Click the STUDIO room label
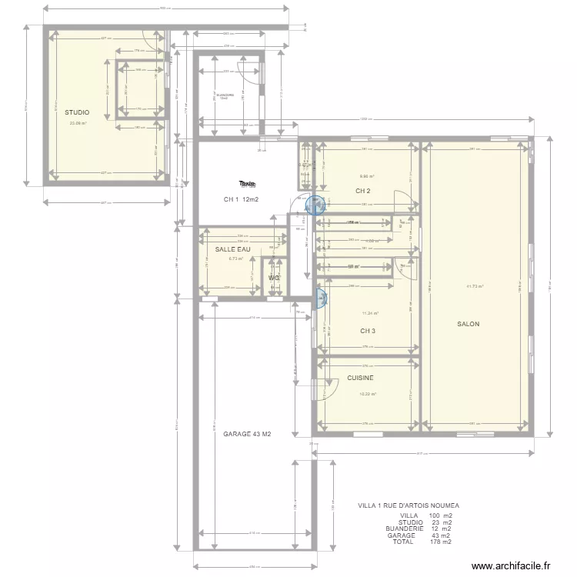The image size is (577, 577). pyautogui.click(x=76, y=112)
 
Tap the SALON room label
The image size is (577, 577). pyautogui.click(x=468, y=324)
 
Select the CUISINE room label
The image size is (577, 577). pyautogui.click(x=360, y=379)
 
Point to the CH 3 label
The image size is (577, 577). pyautogui.click(x=368, y=332)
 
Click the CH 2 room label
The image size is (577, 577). pyautogui.click(x=363, y=191)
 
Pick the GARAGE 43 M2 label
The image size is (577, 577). pyautogui.click(x=246, y=434)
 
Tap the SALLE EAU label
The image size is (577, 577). pyautogui.click(x=232, y=249)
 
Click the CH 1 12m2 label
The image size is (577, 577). pyautogui.click(x=241, y=200)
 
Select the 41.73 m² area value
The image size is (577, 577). pyautogui.click(x=474, y=286)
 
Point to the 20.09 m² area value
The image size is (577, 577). pyautogui.click(x=78, y=123)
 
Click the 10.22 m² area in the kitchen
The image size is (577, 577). pyautogui.click(x=368, y=395)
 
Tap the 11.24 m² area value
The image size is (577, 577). pyautogui.click(x=370, y=313)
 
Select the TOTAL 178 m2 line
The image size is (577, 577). pyautogui.click(x=422, y=542)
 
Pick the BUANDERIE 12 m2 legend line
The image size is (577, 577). pyautogui.click(x=419, y=529)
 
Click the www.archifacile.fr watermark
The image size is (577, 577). pyautogui.click(x=512, y=566)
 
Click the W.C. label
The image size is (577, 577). pyautogui.click(x=274, y=278)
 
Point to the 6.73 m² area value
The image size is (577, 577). pyautogui.click(x=235, y=259)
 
